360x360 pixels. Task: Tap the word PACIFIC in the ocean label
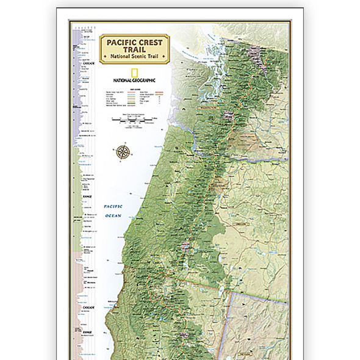coord(113,207)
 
